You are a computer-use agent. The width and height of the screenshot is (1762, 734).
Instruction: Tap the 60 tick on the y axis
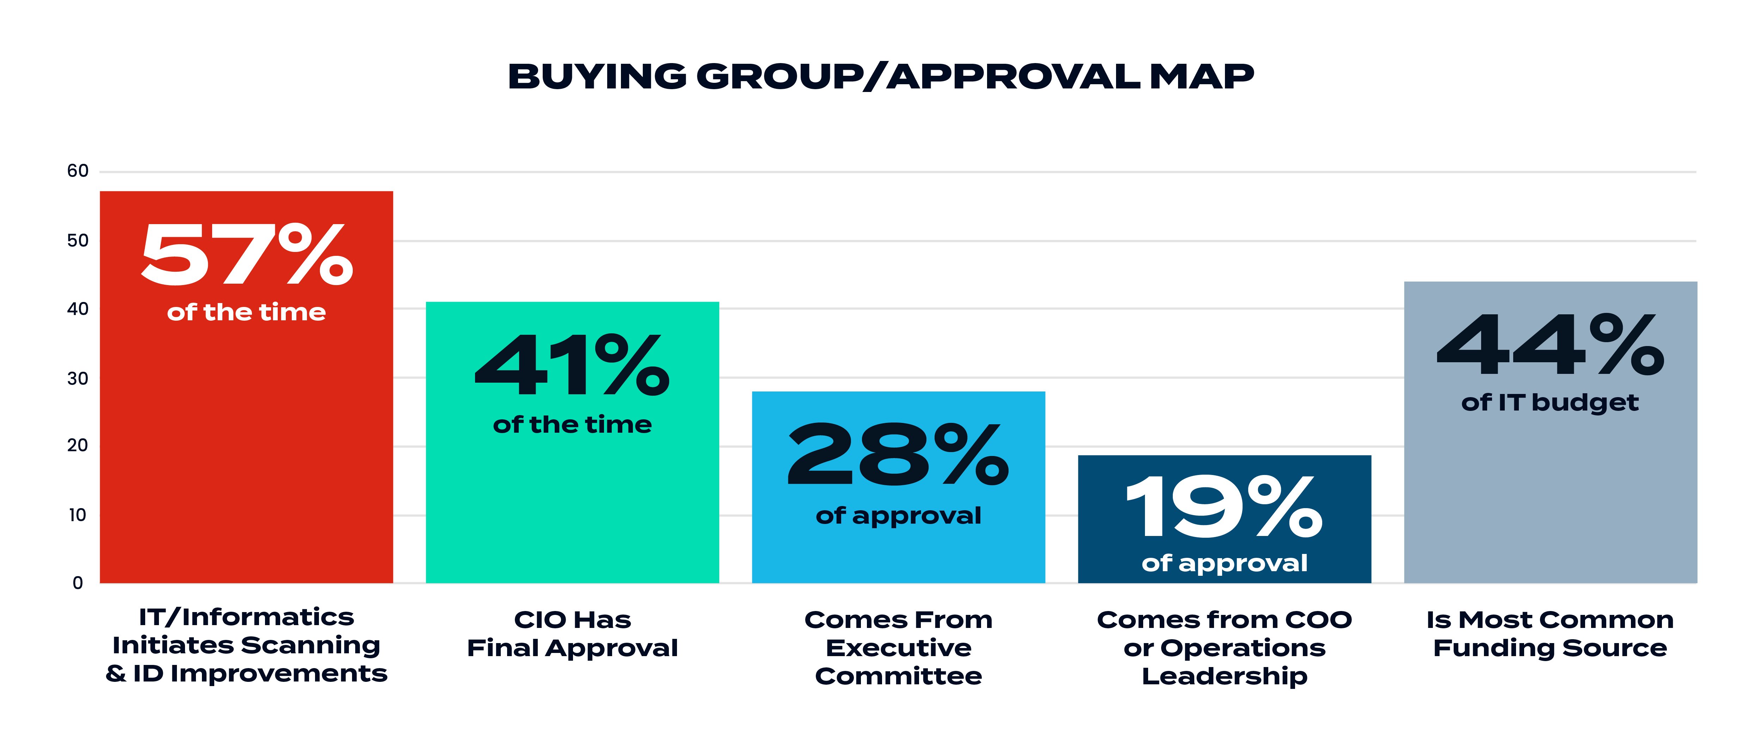click(78, 171)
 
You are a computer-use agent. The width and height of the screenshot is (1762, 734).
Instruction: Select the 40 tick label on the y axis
click(78, 309)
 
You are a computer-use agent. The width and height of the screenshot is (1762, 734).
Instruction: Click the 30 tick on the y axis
click(78, 378)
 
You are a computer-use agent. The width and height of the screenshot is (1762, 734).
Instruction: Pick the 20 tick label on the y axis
click(78, 445)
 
